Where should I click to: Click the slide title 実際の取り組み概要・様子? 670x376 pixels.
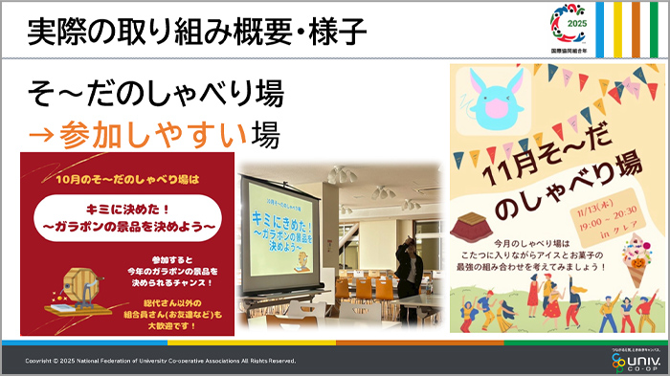tap(197, 32)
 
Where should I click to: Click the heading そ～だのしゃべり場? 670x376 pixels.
tap(156, 95)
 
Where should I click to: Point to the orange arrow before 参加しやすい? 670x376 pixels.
tap(40, 135)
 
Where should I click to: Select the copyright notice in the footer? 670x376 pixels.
tap(161, 361)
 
